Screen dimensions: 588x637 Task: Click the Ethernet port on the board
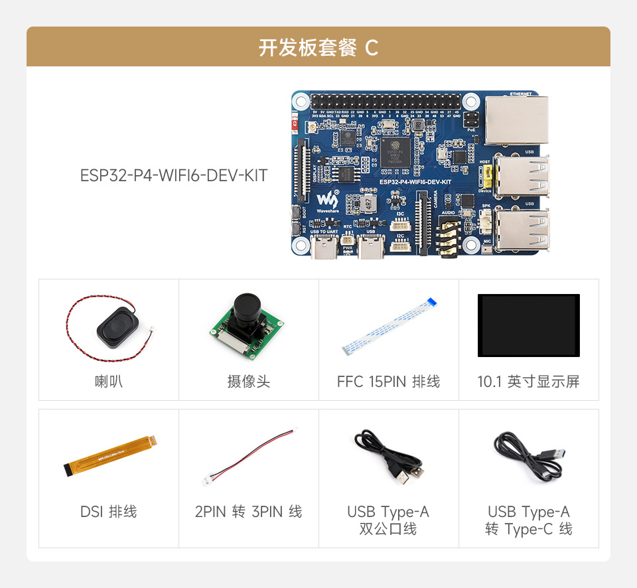click(516, 120)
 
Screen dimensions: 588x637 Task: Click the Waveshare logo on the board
click(326, 200)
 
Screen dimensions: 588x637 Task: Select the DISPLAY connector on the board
click(306, 171)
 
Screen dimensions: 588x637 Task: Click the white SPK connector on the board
click(486, 220)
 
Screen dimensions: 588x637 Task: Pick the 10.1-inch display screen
click(528, 325)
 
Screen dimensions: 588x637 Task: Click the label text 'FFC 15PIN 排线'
click(388, 382)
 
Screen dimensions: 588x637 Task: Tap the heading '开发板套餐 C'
click(318, 48)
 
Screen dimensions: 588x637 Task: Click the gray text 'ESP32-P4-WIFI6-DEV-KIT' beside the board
click(174, 176)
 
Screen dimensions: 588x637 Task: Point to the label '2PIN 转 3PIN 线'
click(248, 512)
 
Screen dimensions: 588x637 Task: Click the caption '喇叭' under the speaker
click(108, 382)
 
